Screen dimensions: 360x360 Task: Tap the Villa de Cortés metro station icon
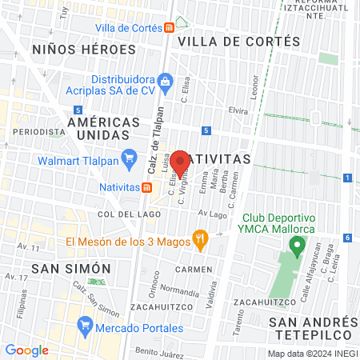(170, 28)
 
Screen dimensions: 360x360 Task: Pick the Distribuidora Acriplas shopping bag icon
(165, 80)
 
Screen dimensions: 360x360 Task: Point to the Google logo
(26, 350)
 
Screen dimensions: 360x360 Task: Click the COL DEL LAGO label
(125, 214)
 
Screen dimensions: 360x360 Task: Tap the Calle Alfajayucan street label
(309, 261)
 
